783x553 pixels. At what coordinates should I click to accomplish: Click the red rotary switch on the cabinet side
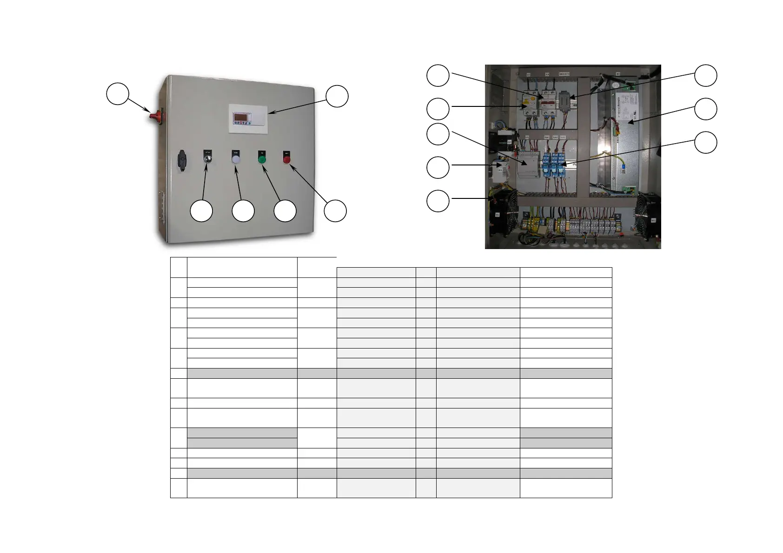153,114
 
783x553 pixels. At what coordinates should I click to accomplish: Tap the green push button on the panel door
262,159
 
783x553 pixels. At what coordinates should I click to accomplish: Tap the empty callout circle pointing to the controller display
337,96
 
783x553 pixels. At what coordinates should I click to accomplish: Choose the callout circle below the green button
285,211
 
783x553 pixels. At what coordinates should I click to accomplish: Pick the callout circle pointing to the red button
335,211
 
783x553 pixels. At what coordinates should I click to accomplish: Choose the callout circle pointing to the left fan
438,201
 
